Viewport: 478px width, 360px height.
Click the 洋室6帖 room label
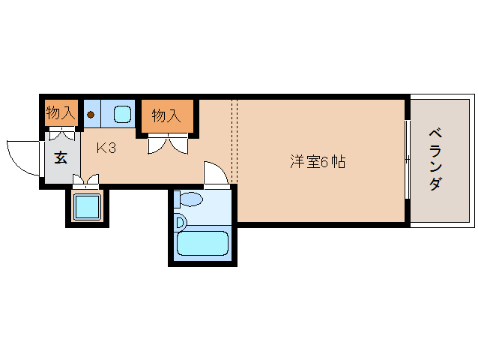(318, 161)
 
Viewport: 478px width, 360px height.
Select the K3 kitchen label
(106, 148)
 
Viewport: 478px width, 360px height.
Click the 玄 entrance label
(60, 157)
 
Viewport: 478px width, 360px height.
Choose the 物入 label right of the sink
(166, 115)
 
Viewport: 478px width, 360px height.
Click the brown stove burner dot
(91, 115)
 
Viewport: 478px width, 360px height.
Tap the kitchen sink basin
(122, 115)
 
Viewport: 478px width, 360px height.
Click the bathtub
(202, 243)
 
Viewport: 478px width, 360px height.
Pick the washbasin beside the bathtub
(179, 222)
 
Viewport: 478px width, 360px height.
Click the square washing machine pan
(88, 206)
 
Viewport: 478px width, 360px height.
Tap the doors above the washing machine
(85, 181)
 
